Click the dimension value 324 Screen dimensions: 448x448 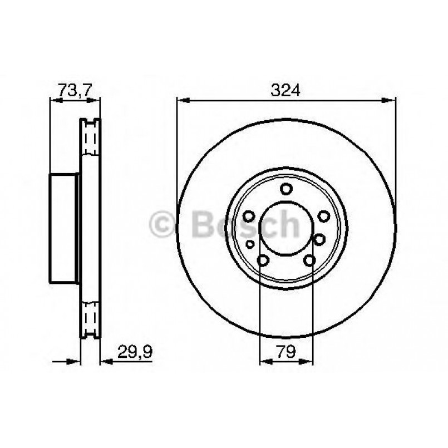(286, 90)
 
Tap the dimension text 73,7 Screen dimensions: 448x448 (75, 90)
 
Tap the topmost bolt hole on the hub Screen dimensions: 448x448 (286, 189)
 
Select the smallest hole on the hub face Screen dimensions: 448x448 (250, 244)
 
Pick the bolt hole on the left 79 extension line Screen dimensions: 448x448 (263, 260)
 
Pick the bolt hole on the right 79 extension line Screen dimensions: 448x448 (310, 260)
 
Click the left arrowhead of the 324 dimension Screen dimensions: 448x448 (181, 100)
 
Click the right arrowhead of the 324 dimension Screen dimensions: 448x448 (392, 100)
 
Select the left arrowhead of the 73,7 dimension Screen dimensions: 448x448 (55, 100)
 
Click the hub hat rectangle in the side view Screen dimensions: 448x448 (64, 228)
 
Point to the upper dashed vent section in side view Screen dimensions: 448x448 (90, 138)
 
